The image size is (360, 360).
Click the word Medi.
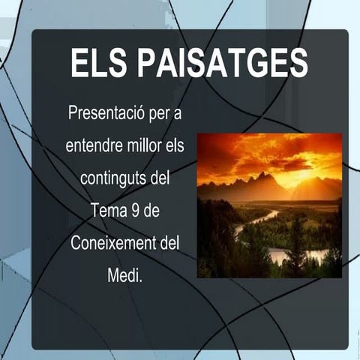[x=124, y=277]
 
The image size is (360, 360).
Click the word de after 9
[x=152, y=212]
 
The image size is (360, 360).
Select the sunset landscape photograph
[x=269, y=205]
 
